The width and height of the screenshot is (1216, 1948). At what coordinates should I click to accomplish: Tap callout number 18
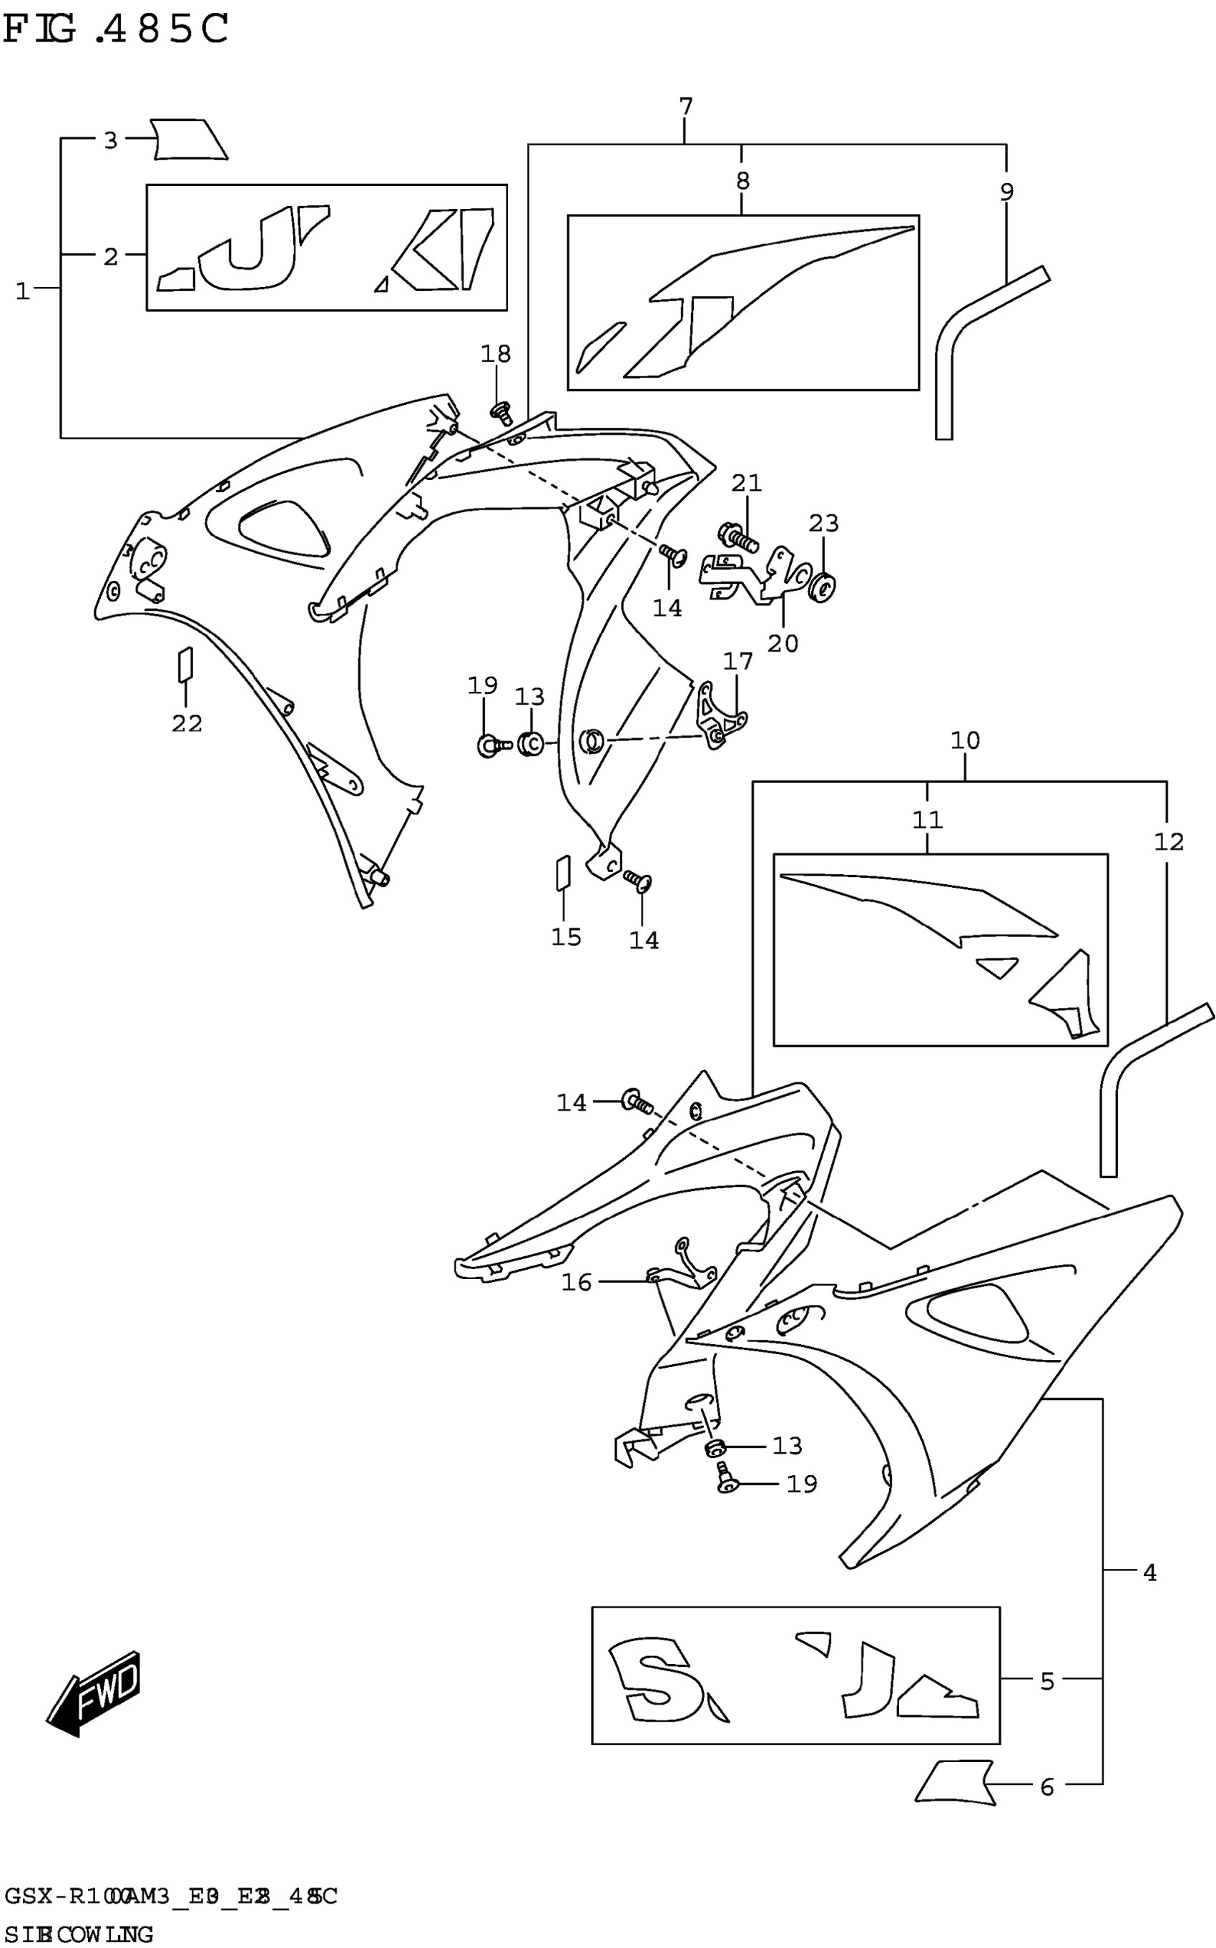pos(496,354)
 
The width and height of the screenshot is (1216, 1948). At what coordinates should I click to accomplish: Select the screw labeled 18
pos(501,413)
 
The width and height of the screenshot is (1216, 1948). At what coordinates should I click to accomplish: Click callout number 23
pos(823,524)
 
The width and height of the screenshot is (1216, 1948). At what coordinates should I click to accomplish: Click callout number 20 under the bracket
pos(782,643)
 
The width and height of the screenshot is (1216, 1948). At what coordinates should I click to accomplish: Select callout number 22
pos(187,723)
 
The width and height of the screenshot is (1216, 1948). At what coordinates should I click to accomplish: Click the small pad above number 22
pos(185,665)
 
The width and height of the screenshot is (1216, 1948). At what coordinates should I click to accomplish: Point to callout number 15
pos(565,936)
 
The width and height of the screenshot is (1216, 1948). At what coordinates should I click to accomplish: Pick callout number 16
pos(576,1282)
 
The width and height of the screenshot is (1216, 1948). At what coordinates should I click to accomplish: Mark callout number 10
pos(964,740)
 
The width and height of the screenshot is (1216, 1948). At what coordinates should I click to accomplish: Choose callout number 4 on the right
pos(1149,1572)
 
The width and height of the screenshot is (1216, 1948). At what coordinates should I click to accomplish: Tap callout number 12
pos(1168,842)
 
